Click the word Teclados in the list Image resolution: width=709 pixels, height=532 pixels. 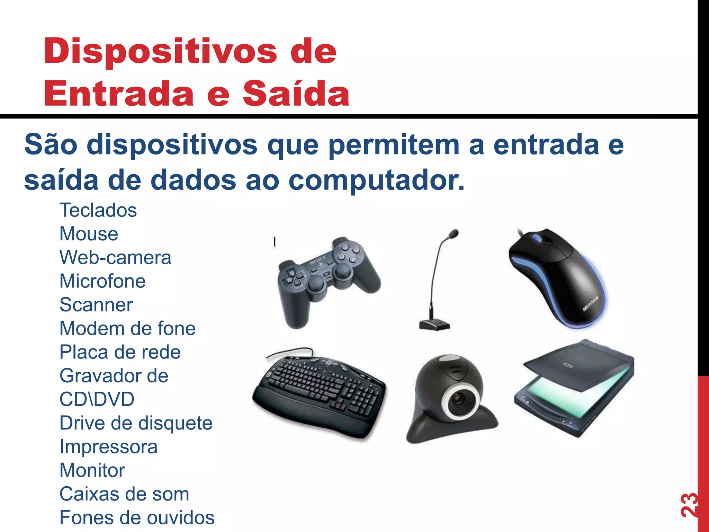coord(98,210)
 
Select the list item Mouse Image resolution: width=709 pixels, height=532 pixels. coord(89,234)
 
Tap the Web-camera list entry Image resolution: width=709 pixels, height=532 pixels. coord(115,257)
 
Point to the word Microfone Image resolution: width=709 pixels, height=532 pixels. coord(102,281)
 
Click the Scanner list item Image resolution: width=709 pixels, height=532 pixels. coord(96,305)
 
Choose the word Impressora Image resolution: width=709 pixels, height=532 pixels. coord(108,446)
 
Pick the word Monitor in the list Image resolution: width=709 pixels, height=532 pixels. coord(92,470)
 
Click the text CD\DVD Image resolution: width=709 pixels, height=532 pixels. coord(97,399)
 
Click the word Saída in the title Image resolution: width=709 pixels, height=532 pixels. coord(296,94)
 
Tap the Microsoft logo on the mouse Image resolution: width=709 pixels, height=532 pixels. coord(591,304)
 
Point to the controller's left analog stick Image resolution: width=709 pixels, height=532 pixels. coord(315,285)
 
